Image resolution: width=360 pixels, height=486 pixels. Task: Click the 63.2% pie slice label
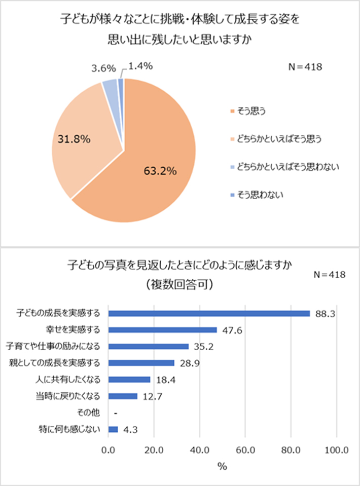[x=159, y=171]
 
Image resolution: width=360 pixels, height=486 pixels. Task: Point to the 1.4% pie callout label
[x=140, y=66]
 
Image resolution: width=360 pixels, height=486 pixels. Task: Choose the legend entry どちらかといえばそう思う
[x=276, y=138]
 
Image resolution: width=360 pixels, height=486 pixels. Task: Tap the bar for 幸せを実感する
[x=163, y=330]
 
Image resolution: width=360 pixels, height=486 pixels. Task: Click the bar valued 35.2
[x=149, y=347]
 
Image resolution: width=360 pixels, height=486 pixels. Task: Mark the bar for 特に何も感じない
[x=113, y=429]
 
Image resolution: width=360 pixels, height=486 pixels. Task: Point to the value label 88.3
[x=323, y=314]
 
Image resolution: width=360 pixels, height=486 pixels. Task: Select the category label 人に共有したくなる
[x=73, y=380]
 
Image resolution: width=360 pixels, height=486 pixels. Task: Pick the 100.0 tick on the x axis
[x=336, y=450]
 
